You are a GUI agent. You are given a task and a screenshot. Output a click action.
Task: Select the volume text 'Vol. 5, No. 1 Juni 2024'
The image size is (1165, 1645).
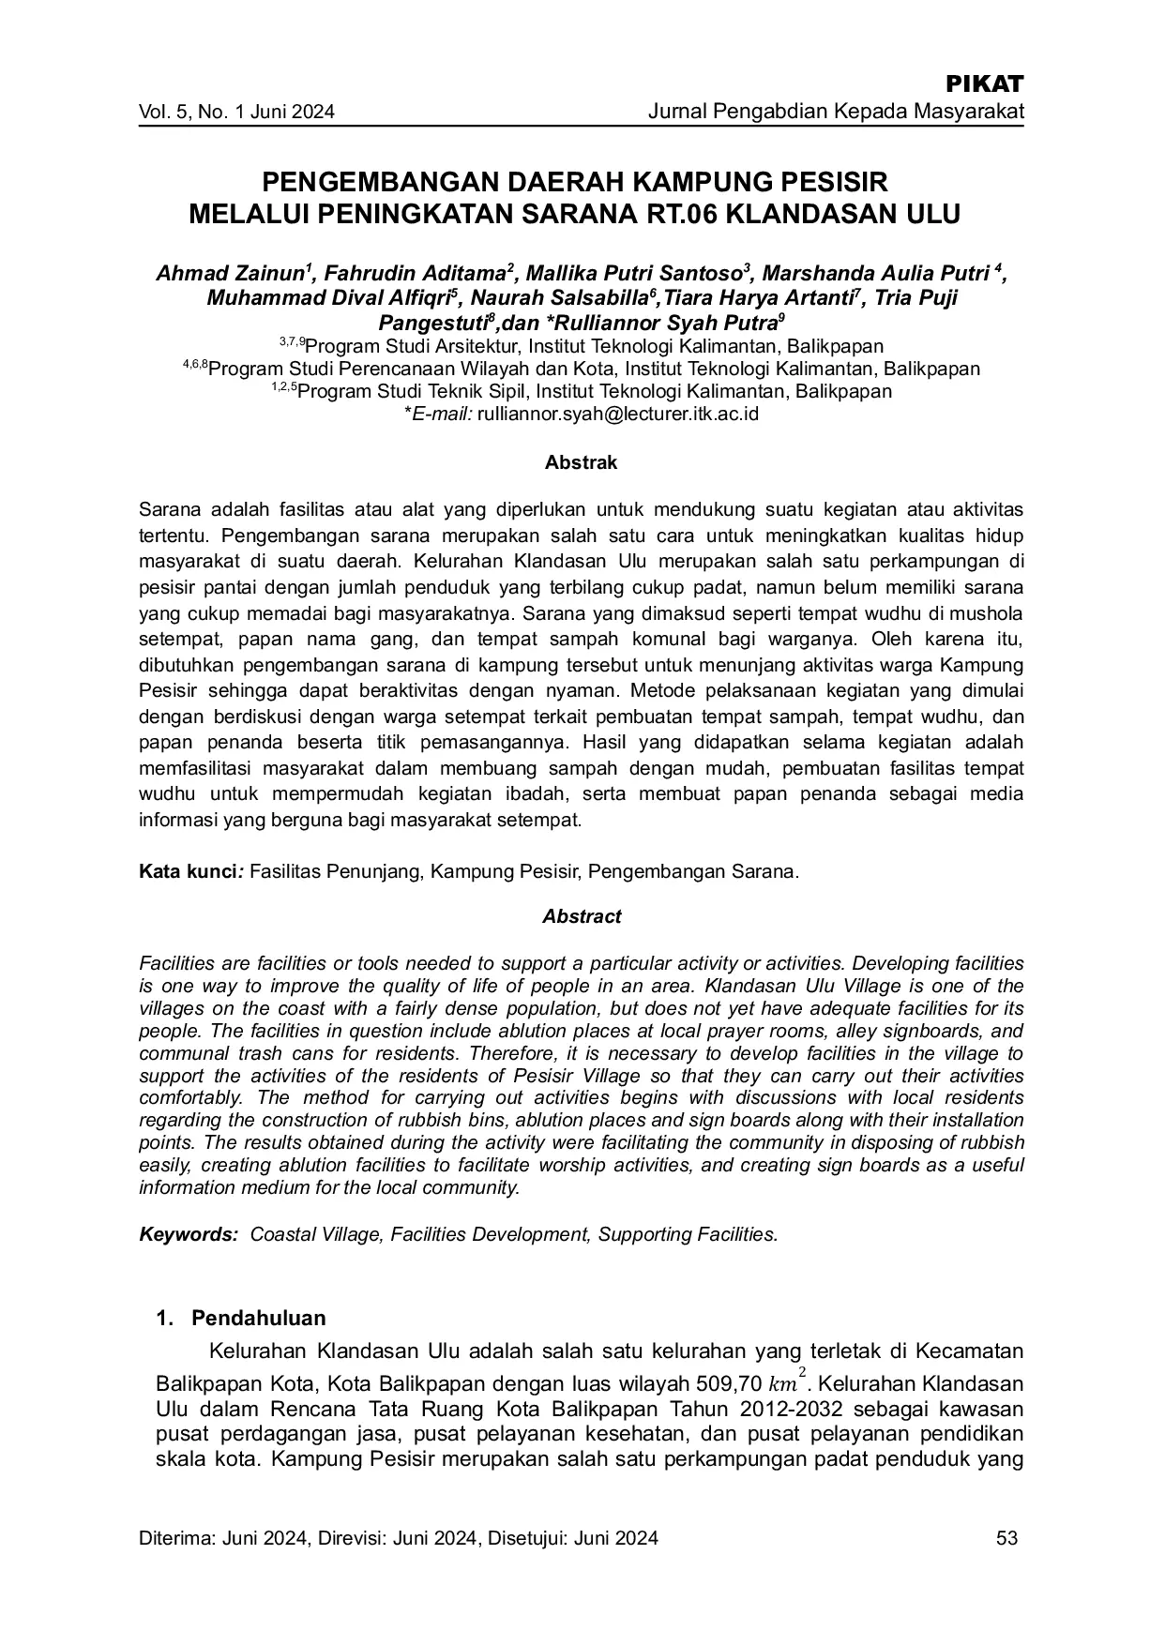click(x=236, y=113)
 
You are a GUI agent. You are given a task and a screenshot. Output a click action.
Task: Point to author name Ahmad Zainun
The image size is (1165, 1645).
click(x=230, y=274)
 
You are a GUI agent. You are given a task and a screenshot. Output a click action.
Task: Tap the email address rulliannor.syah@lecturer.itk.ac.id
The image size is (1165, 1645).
click(x=617, y=414)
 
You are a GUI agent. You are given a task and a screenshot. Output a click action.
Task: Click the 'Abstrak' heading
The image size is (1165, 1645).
click(x=581, y=462)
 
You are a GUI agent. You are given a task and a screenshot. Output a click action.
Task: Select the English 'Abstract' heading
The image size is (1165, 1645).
click(x=582, y=916)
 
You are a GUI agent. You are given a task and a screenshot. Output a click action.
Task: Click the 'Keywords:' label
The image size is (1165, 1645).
click(x=189, y=1234)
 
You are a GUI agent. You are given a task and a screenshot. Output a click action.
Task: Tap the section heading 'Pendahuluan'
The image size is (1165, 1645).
click(x=258, y=1318)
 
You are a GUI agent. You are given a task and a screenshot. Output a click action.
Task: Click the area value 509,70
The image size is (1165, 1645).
click(x=729, y=1384)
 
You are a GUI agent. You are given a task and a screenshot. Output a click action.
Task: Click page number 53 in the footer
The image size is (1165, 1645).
click(x=1007, y=1538)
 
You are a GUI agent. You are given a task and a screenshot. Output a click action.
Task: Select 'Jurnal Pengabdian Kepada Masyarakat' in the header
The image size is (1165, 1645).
click(x=836, y=113)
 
